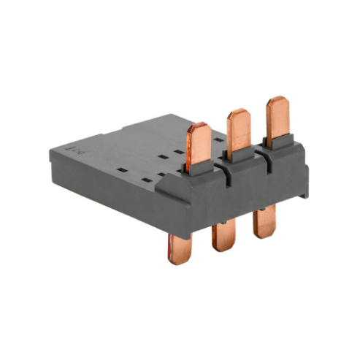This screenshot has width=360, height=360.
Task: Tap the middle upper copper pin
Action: pyautogui.click(x=237, y=131)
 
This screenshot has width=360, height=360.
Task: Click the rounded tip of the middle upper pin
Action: pyautogui.click(x=237, y=112)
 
